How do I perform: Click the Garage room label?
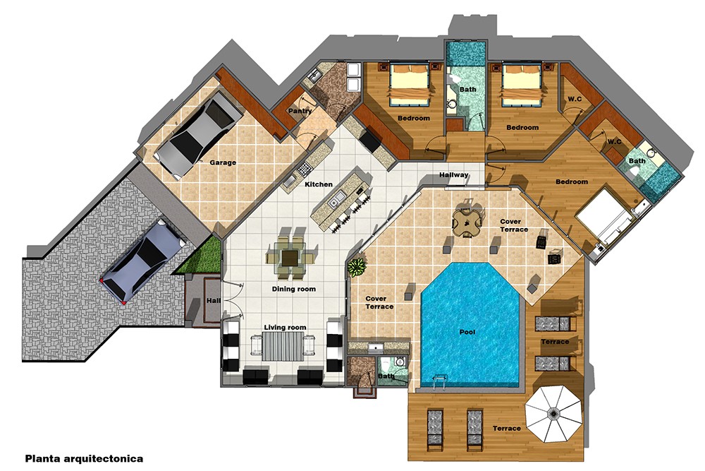223,162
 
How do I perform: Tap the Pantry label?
300,112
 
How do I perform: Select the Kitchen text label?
318,184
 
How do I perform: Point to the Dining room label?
294,289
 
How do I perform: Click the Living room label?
285,327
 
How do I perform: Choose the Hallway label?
454,174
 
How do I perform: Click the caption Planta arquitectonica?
84,458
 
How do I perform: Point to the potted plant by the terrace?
357,267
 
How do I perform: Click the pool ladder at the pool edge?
436,383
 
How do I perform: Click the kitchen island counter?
339,197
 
